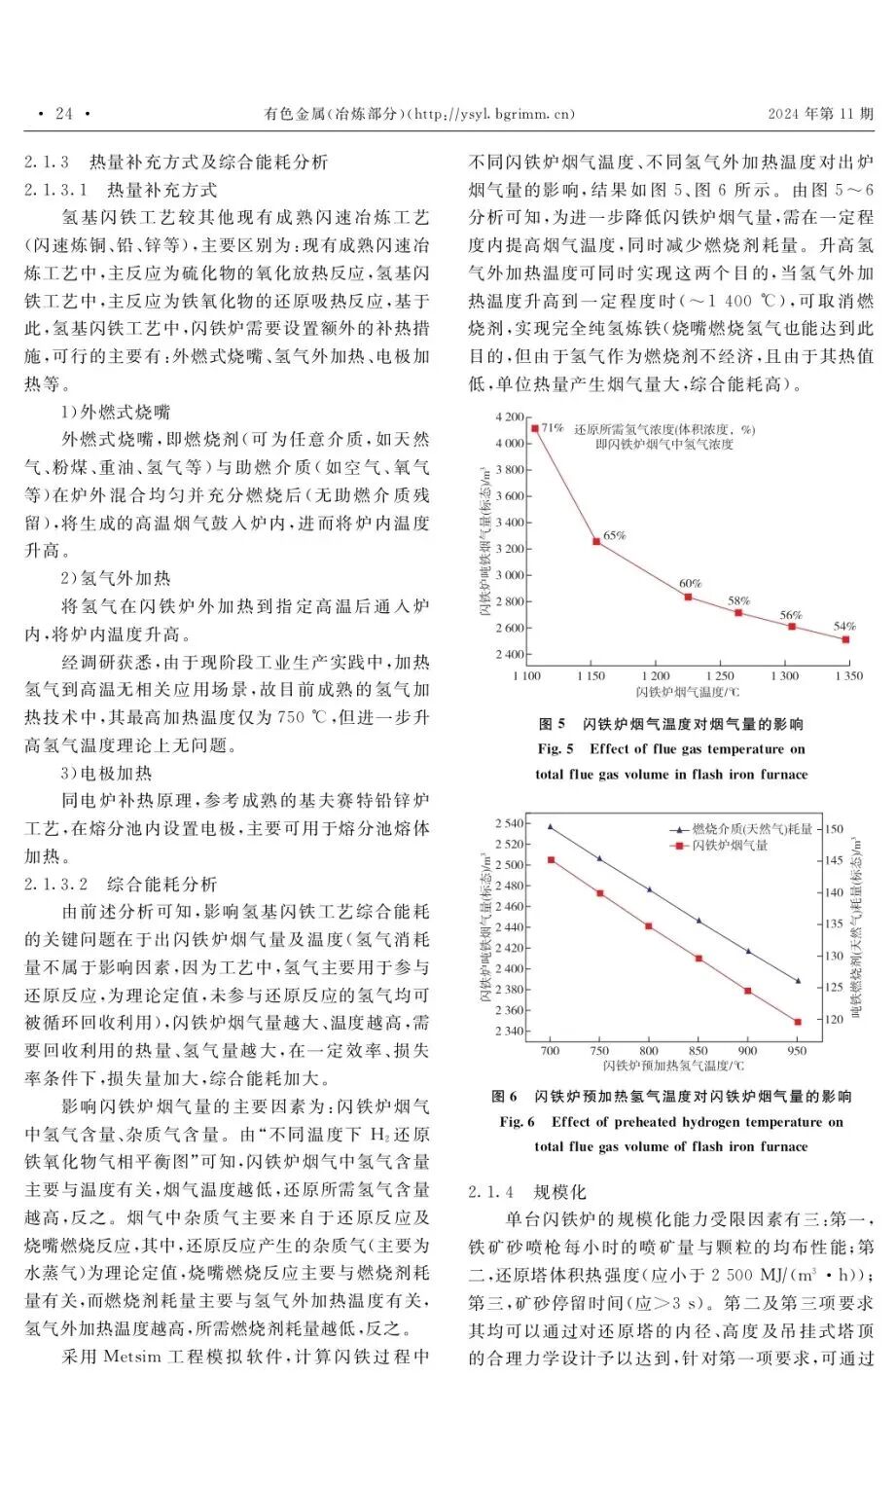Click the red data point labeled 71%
click(535, 428)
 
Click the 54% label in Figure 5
click(844, 627)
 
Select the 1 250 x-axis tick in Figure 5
click(720, 675)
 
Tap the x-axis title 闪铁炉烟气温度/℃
click(688, 692)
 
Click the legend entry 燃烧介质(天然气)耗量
click(751, 829)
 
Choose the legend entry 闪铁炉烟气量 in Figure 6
click(730, 846)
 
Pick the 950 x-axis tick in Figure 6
click(797, 1050)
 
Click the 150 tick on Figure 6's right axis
click(835, 829)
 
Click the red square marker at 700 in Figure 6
click(551, 860)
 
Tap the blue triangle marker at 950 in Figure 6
click(798, 981)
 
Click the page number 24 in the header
click(64, 114)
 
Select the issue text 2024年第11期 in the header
click(820, 114)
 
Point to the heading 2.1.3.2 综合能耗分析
click(121, 885)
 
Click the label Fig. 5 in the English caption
click(556, 749)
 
